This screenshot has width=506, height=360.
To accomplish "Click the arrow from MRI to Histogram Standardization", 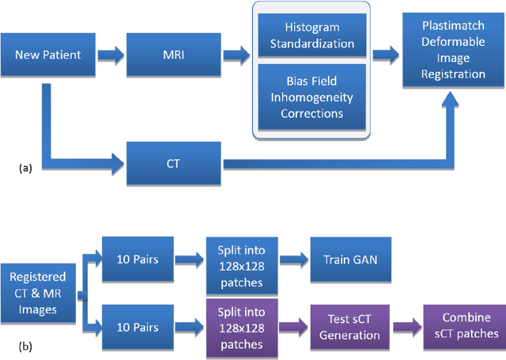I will tap(236, 55).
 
